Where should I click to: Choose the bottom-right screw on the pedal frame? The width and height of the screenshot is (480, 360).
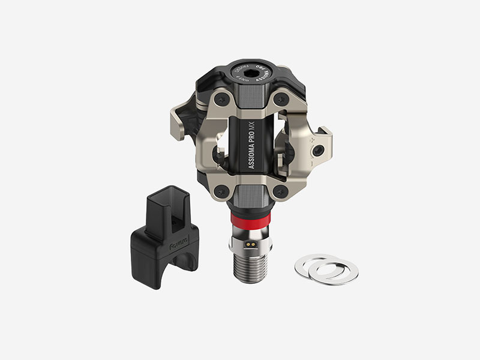(x=278, y=191)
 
